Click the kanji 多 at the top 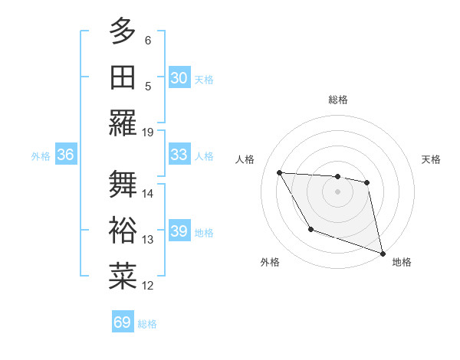coord(123,32)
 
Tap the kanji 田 coord(123,78)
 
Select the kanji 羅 coord(123,123)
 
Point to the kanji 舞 coord(123,185)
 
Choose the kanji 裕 coord(123,231)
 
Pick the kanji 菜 coord(123,277)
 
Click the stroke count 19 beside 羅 coord(149,132)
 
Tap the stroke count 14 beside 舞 coord(149,193)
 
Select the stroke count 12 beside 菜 coord(149,286)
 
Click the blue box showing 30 coord(179,78)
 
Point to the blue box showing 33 coord(179,155)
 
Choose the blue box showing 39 coord(179,231)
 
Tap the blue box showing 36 coord(66,155)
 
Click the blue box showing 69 coord(123,322)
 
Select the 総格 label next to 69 coord(147,323)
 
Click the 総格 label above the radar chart coord(337,100)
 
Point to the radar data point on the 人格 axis coord(280,172)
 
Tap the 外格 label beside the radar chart coord(270,262)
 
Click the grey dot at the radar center coord(337,191)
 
